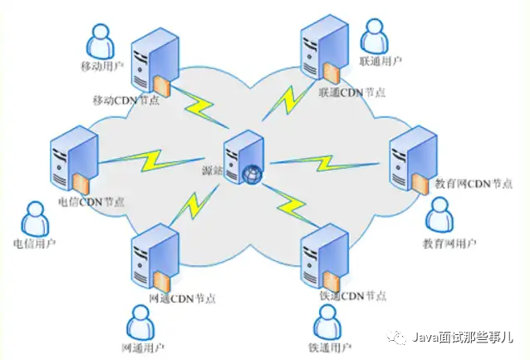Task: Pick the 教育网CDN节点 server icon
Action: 411,159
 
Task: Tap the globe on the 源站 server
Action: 253,175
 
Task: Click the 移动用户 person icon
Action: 99,37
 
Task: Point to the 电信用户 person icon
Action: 33,219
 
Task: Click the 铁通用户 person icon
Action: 327,321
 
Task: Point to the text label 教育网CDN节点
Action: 474,184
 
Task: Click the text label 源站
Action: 213,170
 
